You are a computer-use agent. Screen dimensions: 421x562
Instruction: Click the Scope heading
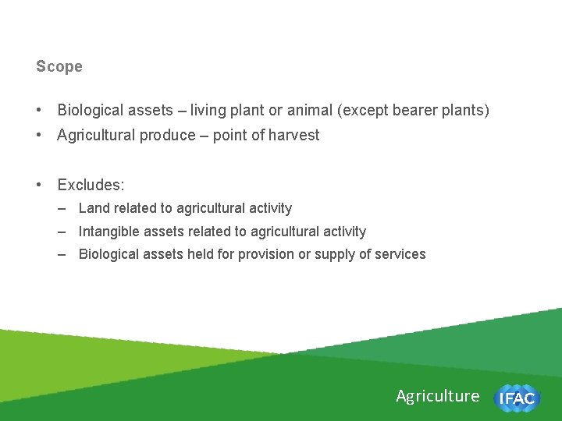tap(59, 67)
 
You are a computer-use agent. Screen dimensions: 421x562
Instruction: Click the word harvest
tap(294, 135)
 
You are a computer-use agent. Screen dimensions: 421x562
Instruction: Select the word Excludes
tap(91, 185)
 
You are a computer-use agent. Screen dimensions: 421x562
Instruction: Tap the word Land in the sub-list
tap(94, 208)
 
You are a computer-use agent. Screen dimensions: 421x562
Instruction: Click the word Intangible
tap(110, 232)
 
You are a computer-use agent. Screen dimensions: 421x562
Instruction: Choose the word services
tap(400, 254)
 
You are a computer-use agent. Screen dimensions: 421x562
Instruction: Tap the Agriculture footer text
tap(437, 396)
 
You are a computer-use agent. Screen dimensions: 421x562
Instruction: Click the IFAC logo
tap(516, 398)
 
